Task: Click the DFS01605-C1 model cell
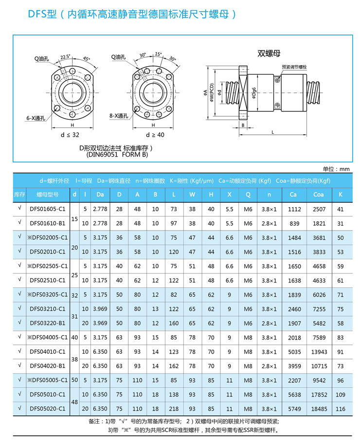coord(47,209)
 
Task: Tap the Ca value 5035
coord(293,352)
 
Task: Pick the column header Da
coord(100,195)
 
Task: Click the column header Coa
coord(319,195)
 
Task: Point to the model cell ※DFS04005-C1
coord(47,337)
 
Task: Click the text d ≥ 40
coord(155,134)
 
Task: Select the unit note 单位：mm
coord(336,169)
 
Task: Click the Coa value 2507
coord(319,209)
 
